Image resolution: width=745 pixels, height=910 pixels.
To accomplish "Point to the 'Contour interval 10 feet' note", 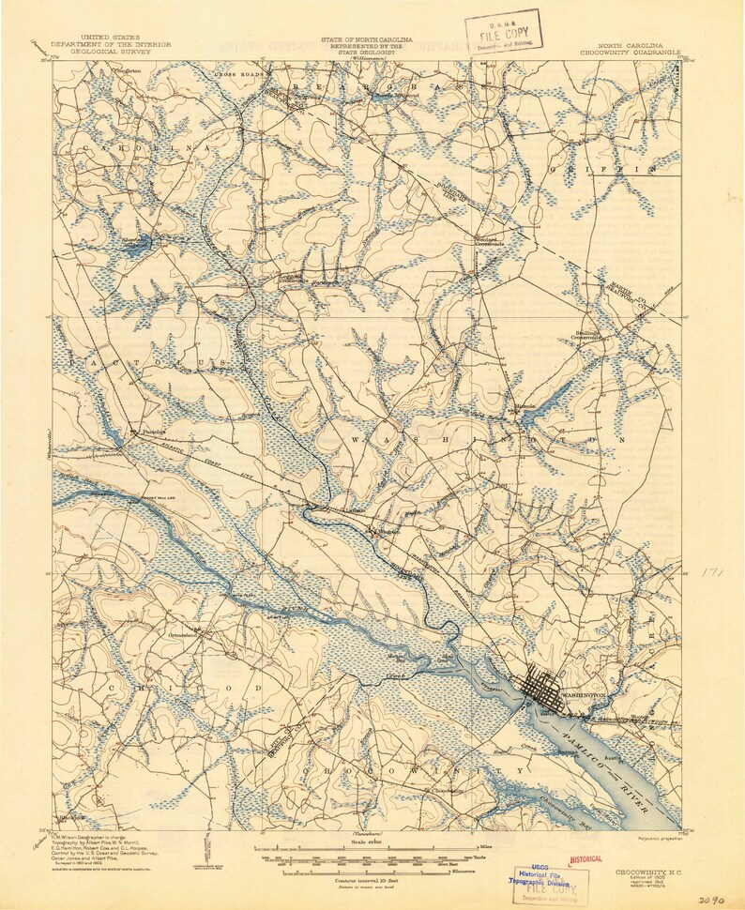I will pyautogui.click(x=371, y=881).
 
